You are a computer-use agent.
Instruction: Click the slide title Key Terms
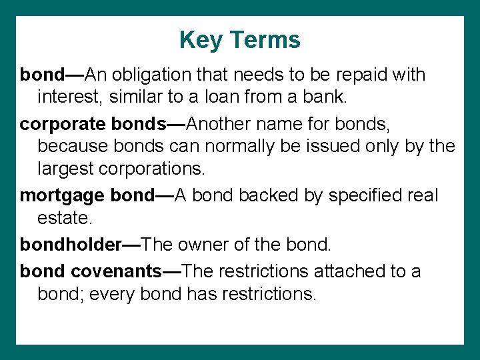coord(239,40)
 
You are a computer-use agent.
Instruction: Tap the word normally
coord(231,147)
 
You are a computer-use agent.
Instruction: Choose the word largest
coord(65,169)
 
